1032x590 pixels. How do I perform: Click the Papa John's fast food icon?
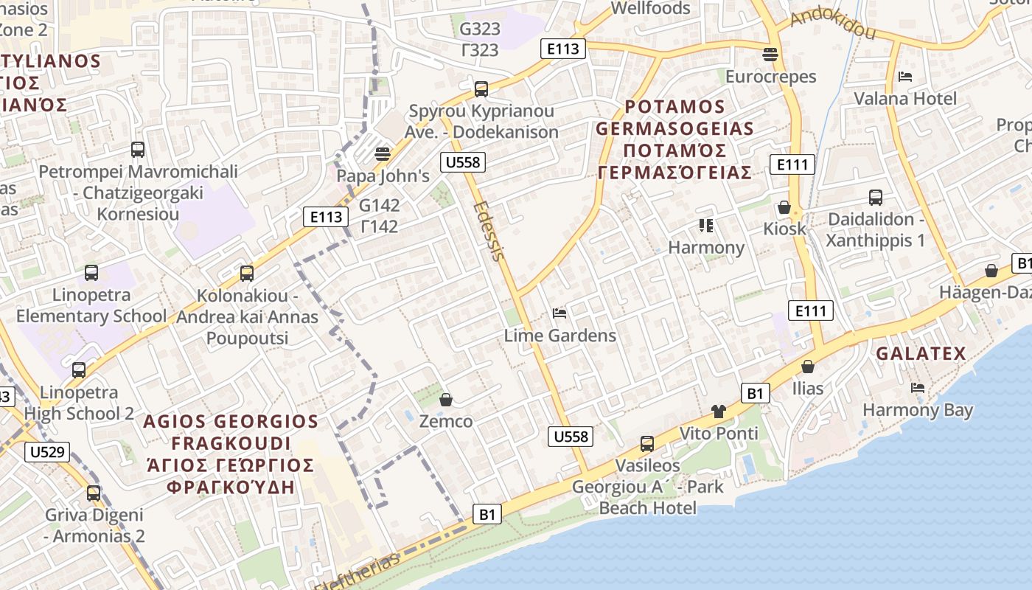point(382,153)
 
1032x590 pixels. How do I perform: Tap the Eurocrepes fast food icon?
point(770,54)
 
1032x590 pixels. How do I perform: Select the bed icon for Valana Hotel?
point(905,77)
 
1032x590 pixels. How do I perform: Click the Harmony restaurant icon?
point(706,225)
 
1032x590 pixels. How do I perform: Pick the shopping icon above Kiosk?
point(784,207)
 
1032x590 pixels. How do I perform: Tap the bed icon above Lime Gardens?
point(559,313)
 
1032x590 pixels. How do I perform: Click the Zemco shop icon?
point(445,400)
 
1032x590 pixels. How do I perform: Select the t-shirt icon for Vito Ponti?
point(719,412)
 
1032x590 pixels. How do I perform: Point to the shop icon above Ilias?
point(808,367)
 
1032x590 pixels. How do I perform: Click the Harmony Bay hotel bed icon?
point(917,387)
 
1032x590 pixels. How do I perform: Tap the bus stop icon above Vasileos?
point(647,443)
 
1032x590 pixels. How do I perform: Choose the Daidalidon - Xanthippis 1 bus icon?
point(875,197)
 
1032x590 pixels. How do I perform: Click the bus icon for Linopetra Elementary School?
point(91,273)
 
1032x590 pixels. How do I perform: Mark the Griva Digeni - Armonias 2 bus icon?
point(94,493)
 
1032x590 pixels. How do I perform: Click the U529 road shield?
point(46,451)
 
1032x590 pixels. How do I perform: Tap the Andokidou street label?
point(832,24)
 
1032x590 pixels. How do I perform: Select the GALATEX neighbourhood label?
point(921,354)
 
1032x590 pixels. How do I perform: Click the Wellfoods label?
point(651,9)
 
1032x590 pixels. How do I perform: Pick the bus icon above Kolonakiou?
point(247,274)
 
